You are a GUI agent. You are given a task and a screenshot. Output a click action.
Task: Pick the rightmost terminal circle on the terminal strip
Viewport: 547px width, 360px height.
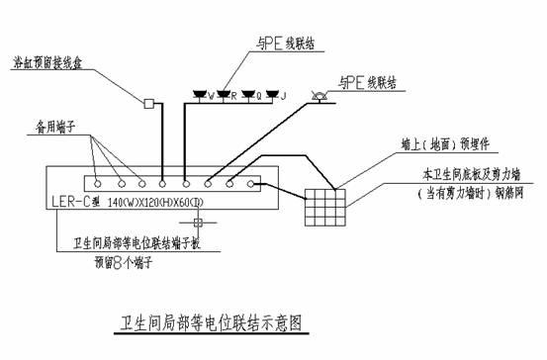(x=253, y=182)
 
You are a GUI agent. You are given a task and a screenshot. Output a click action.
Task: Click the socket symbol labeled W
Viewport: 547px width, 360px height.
(x=200, y=96)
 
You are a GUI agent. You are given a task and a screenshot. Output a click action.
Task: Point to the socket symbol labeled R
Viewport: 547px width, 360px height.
(x=224, y=96)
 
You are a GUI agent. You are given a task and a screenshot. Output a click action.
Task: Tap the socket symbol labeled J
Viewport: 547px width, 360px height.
(x=271, y=96)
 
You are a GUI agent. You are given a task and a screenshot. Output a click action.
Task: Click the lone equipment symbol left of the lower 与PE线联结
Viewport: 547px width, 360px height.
(x=319, y=95)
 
